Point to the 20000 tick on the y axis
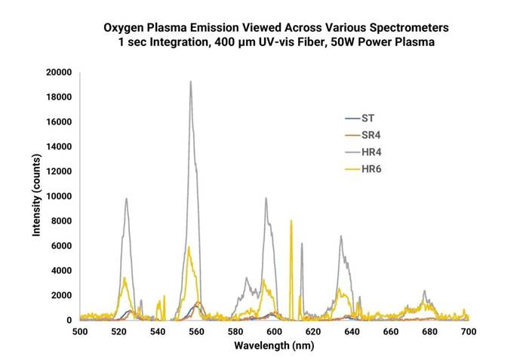(59, 72)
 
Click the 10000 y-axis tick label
(59, 196)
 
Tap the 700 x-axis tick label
(468, 331)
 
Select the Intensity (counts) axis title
(35, 196)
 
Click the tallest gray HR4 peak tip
(191, 82)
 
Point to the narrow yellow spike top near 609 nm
(291, 220)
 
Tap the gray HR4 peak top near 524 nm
(126, 198)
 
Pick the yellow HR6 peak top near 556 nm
(189, 247)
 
